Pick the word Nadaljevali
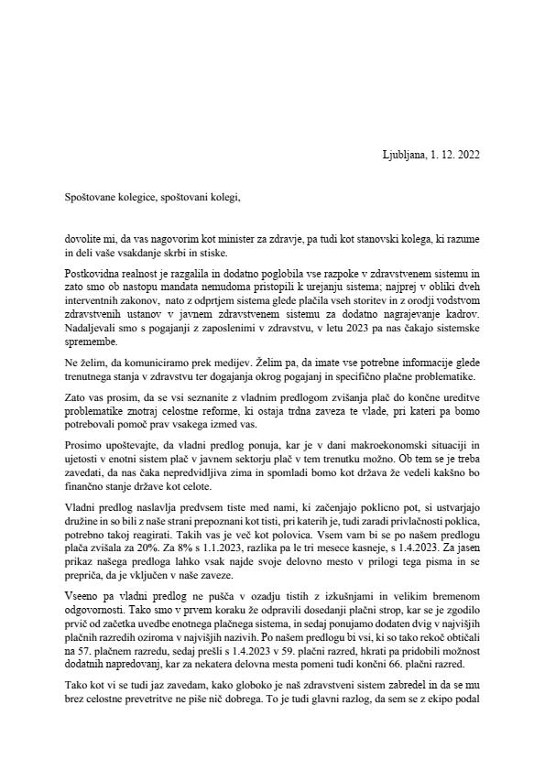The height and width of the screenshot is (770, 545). [91, 324]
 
